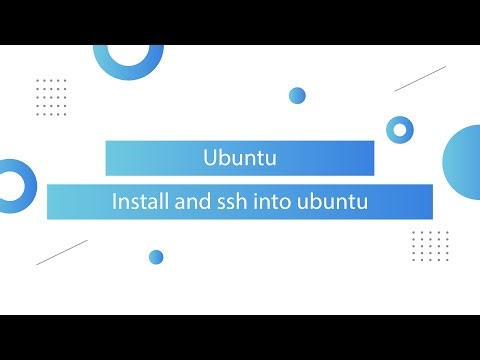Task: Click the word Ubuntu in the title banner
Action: pyautogui.click(x=239, y=158)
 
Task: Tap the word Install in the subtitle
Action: pyautogui.click(x=140, y=202)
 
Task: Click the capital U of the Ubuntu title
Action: pyautogui.click(x=209, y=158)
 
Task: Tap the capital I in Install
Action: pyautogui.click(x=116, y=202)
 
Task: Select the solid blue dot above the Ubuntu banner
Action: pyautogui.click(x=297, y=96)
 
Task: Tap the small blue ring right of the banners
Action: pyautogui.click(x=400, y=128)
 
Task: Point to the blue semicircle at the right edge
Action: pyautogui.click(x=463, y=158)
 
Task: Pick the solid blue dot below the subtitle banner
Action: pyautogui.click(x=156, y=257)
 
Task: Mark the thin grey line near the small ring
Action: pyautogui.click(x=420, y=79)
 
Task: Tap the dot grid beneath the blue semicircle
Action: pyautogui.click(x=430, y=243)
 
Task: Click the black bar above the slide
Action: pyautogui.click(x=240, y=22)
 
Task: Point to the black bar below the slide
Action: pyautogui.click(x=240, y=337)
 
